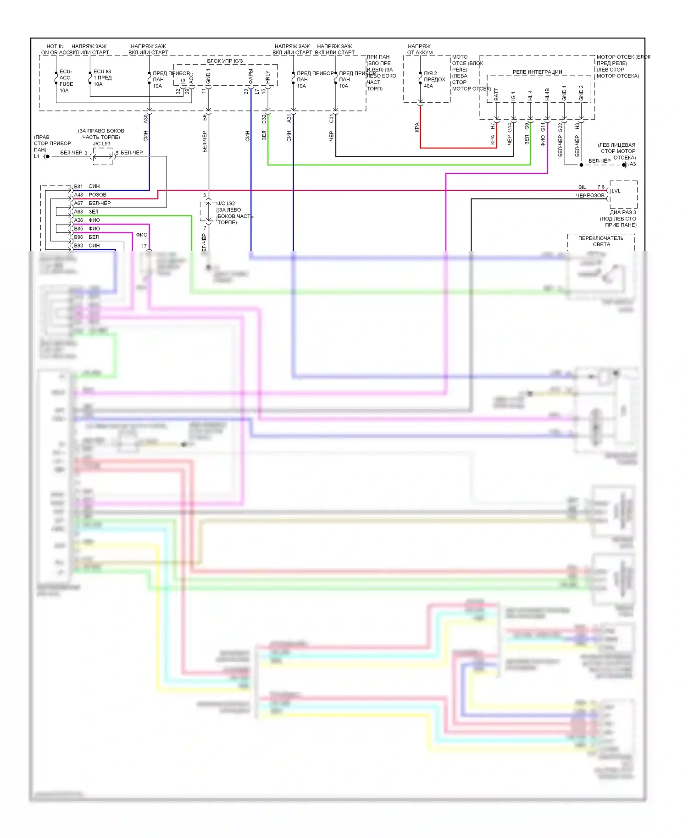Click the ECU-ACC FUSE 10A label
click(66, 81)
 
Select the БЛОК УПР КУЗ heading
click(225, 61)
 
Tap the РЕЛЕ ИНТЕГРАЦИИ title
click(537, 72)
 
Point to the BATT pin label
click(496, 94)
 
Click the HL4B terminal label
click(547, 94)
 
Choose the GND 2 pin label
click(581, 93)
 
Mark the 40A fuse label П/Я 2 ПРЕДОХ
click(434, 79)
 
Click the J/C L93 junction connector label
click(101, 143)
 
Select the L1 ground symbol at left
click(46, 157)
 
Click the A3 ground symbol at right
click(625, 165)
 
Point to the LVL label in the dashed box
click(616, 191)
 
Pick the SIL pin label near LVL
click(582, 187)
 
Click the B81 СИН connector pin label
click(87, 186)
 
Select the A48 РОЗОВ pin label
click(90, 195)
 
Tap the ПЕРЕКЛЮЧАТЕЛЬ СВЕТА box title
click(601, 241)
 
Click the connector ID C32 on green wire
click(264, 119)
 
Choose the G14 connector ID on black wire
click(509, 127)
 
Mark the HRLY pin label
click(267, 77)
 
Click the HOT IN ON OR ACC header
click(55, 50)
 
